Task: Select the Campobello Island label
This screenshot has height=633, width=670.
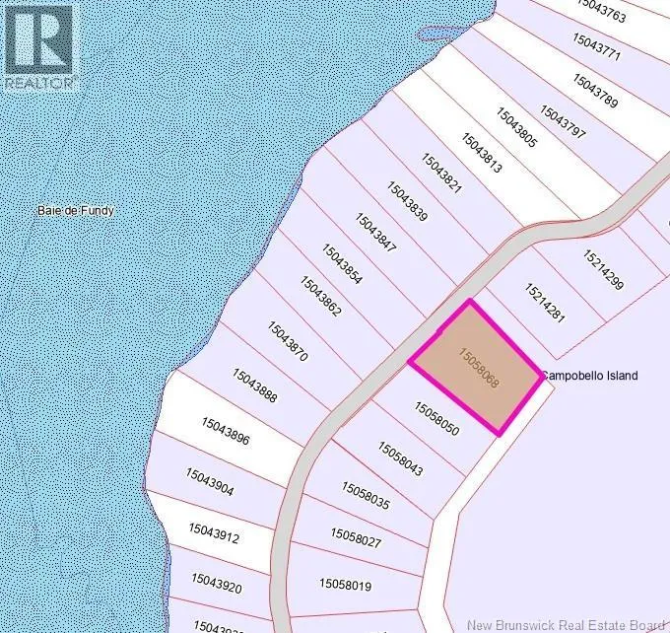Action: tap(590, 376)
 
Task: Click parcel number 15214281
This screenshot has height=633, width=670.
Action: tap(545, 304)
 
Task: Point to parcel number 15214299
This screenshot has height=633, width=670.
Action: tap(603, 271)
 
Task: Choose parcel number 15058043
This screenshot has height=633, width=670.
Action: tap(400, 458)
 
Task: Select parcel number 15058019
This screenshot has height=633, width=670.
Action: tap(345, 585)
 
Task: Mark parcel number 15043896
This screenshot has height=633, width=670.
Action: tap(226, 433)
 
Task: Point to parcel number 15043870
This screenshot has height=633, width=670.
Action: tap(288, 341)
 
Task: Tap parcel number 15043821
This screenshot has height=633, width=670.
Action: tap(441, 174)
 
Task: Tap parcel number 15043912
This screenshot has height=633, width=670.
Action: tap(213, 532)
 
